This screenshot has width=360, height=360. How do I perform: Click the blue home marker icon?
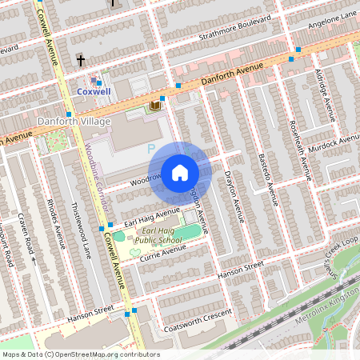179,172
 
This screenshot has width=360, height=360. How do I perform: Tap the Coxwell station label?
94,92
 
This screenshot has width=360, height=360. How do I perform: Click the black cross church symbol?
81,60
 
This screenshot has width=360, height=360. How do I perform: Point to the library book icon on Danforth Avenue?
155,105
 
